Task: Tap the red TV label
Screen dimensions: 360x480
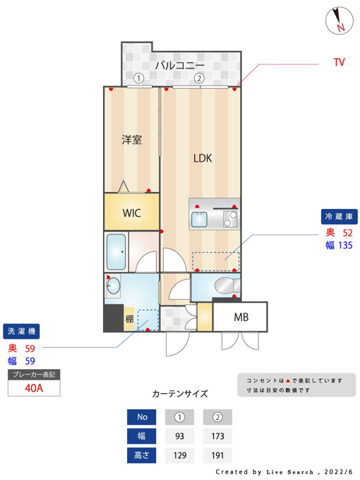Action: [340, 62]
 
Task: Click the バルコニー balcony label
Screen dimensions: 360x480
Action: [180, 66]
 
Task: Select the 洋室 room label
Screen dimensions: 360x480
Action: [131, 140]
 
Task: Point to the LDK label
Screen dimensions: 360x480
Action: [203, 158]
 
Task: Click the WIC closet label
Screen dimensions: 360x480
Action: [131, 212]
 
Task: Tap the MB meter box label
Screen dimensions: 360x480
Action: [241, 318]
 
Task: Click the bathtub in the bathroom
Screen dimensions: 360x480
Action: [116, 252]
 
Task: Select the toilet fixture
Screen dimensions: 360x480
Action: [227, 286]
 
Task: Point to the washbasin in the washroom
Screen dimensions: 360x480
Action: [113, 286]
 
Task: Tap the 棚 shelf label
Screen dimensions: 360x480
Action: [129, 319]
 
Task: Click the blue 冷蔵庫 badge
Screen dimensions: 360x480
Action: [340, 217]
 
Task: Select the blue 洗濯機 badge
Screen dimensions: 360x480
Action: [21, 331]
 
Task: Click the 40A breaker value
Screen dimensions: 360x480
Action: [34, 388]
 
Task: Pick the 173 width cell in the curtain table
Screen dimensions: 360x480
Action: [217, 436]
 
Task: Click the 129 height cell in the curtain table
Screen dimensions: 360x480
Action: [180, 455]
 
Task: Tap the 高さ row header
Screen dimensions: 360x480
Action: [141, 455]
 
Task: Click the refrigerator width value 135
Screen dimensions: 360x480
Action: [345, 245]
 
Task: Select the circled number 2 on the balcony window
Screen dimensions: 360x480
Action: [199, 78]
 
